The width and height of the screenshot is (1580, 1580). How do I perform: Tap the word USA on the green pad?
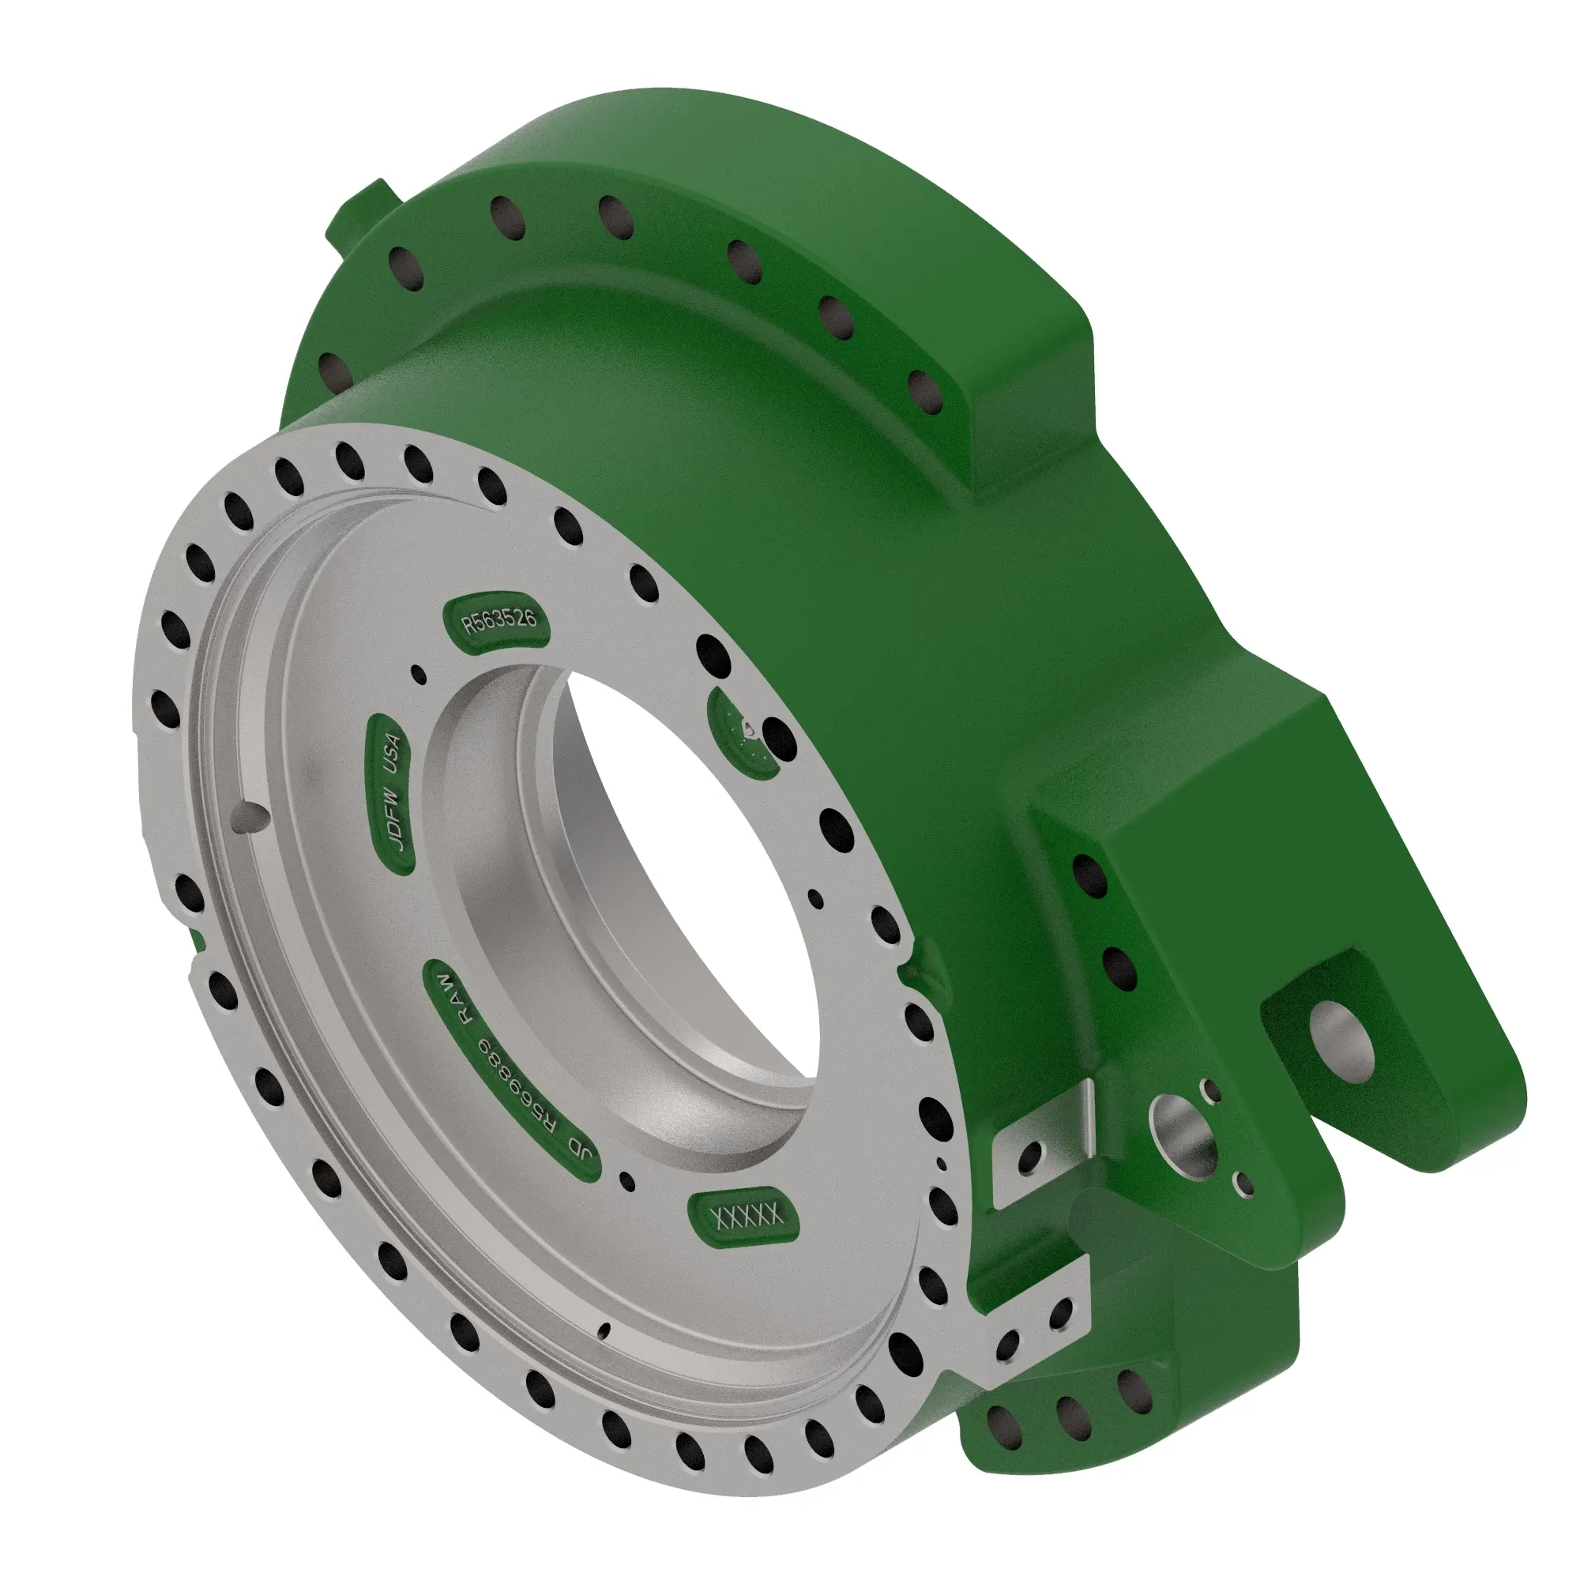(x=393, y=753)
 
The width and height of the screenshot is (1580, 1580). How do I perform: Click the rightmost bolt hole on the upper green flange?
(x=924, y=392)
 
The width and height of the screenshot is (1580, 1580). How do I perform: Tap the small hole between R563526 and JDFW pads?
(x=419, y=674)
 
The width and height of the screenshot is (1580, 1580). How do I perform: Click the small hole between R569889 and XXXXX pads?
(x=628, y=1181)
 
